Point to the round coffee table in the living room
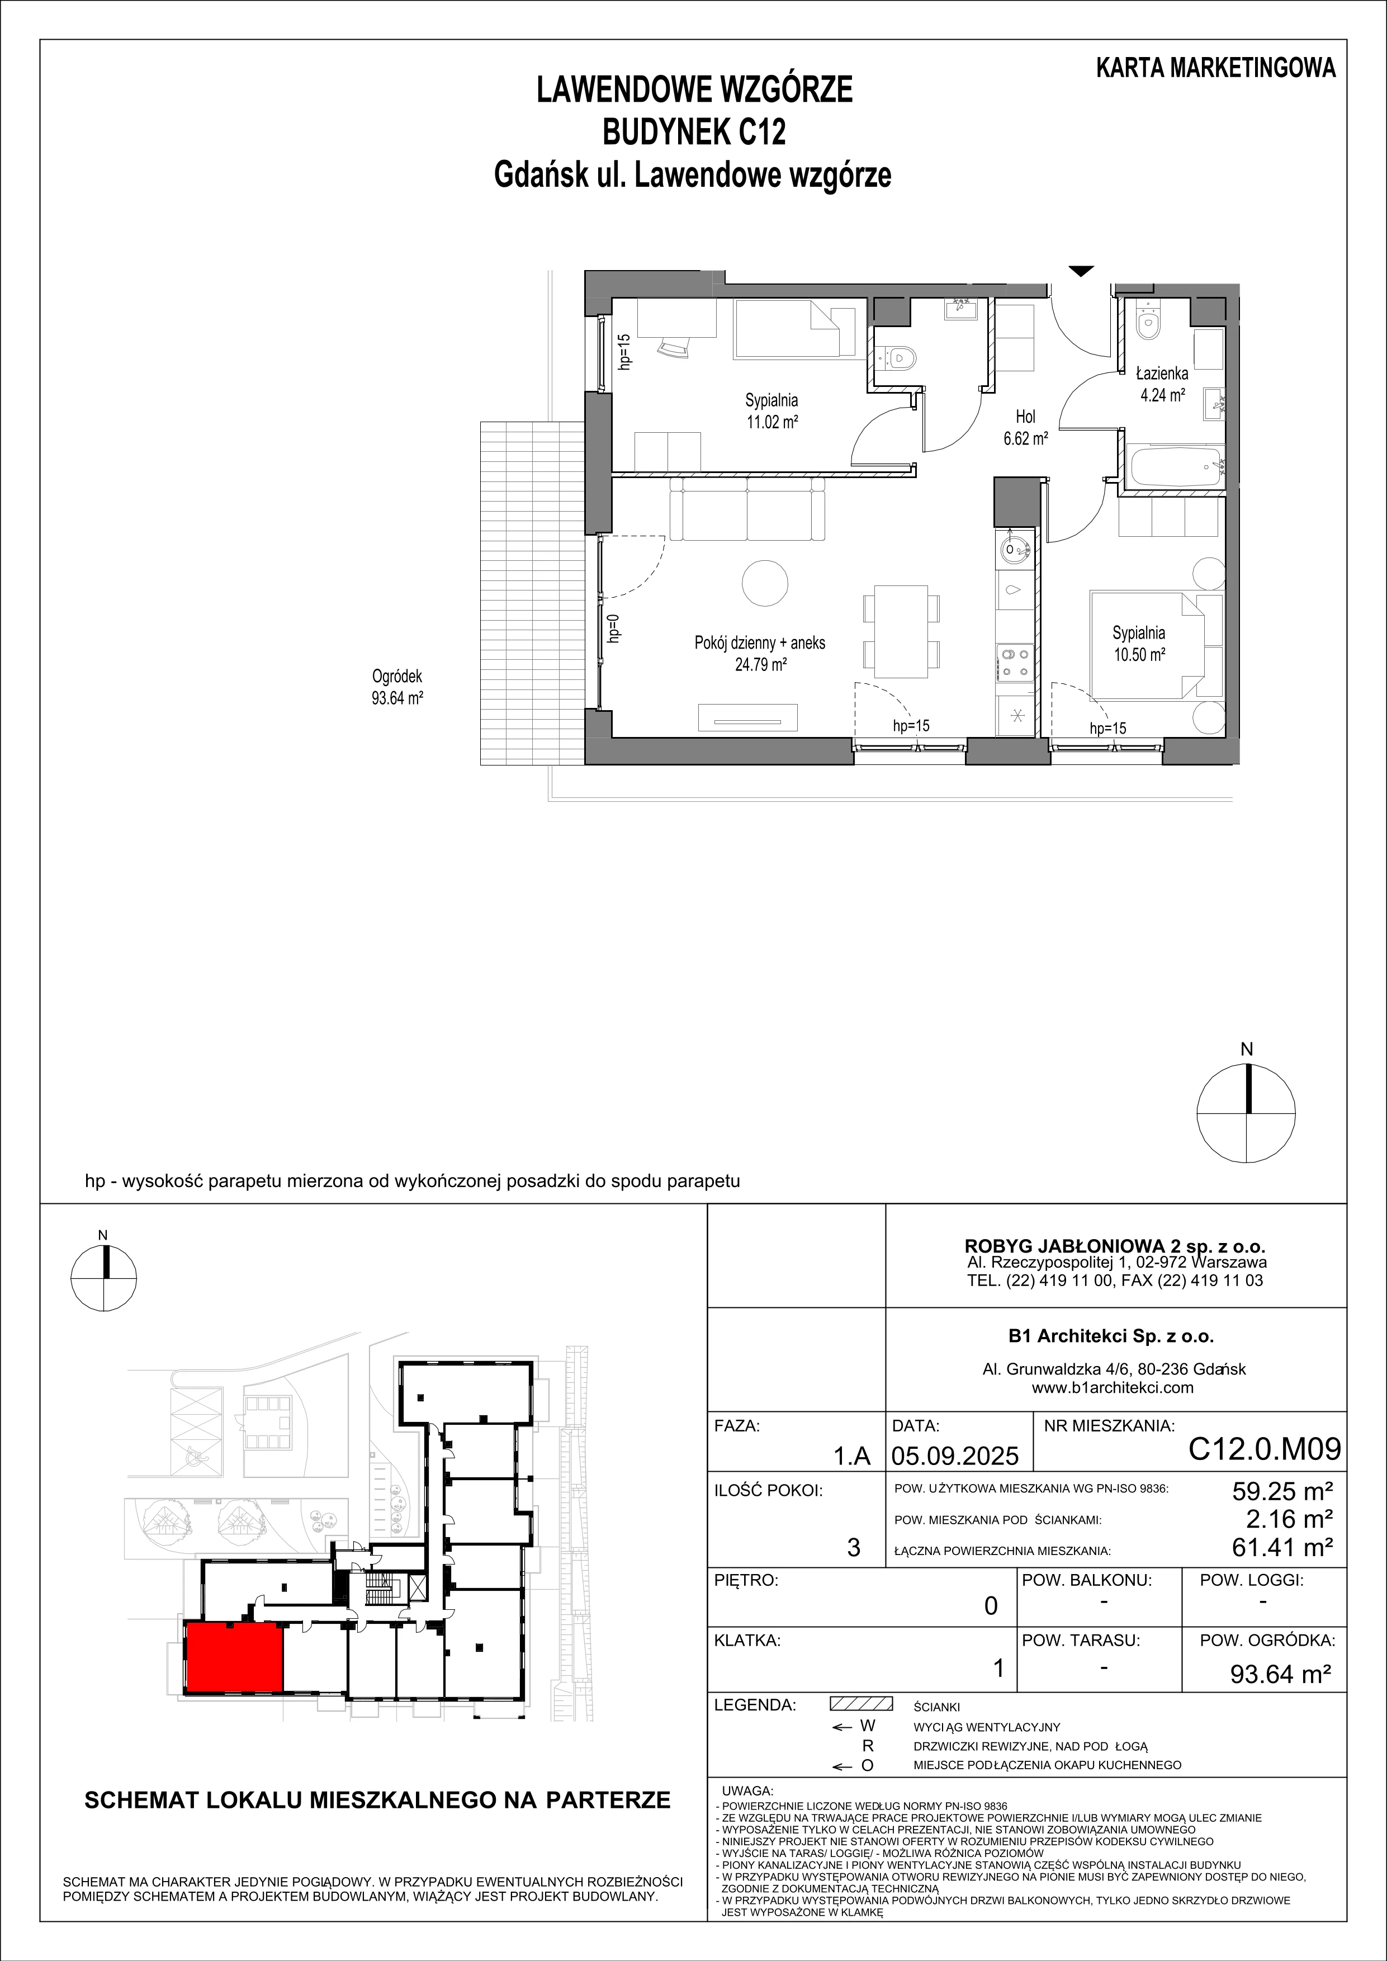tap(765, 583)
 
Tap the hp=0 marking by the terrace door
tap(613, 630)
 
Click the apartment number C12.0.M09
tap(1264, 1449)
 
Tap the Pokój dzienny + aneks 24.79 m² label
tap(760, 653)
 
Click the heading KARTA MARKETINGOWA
tap(1216, 68)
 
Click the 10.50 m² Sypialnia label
tap(1138, 643)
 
